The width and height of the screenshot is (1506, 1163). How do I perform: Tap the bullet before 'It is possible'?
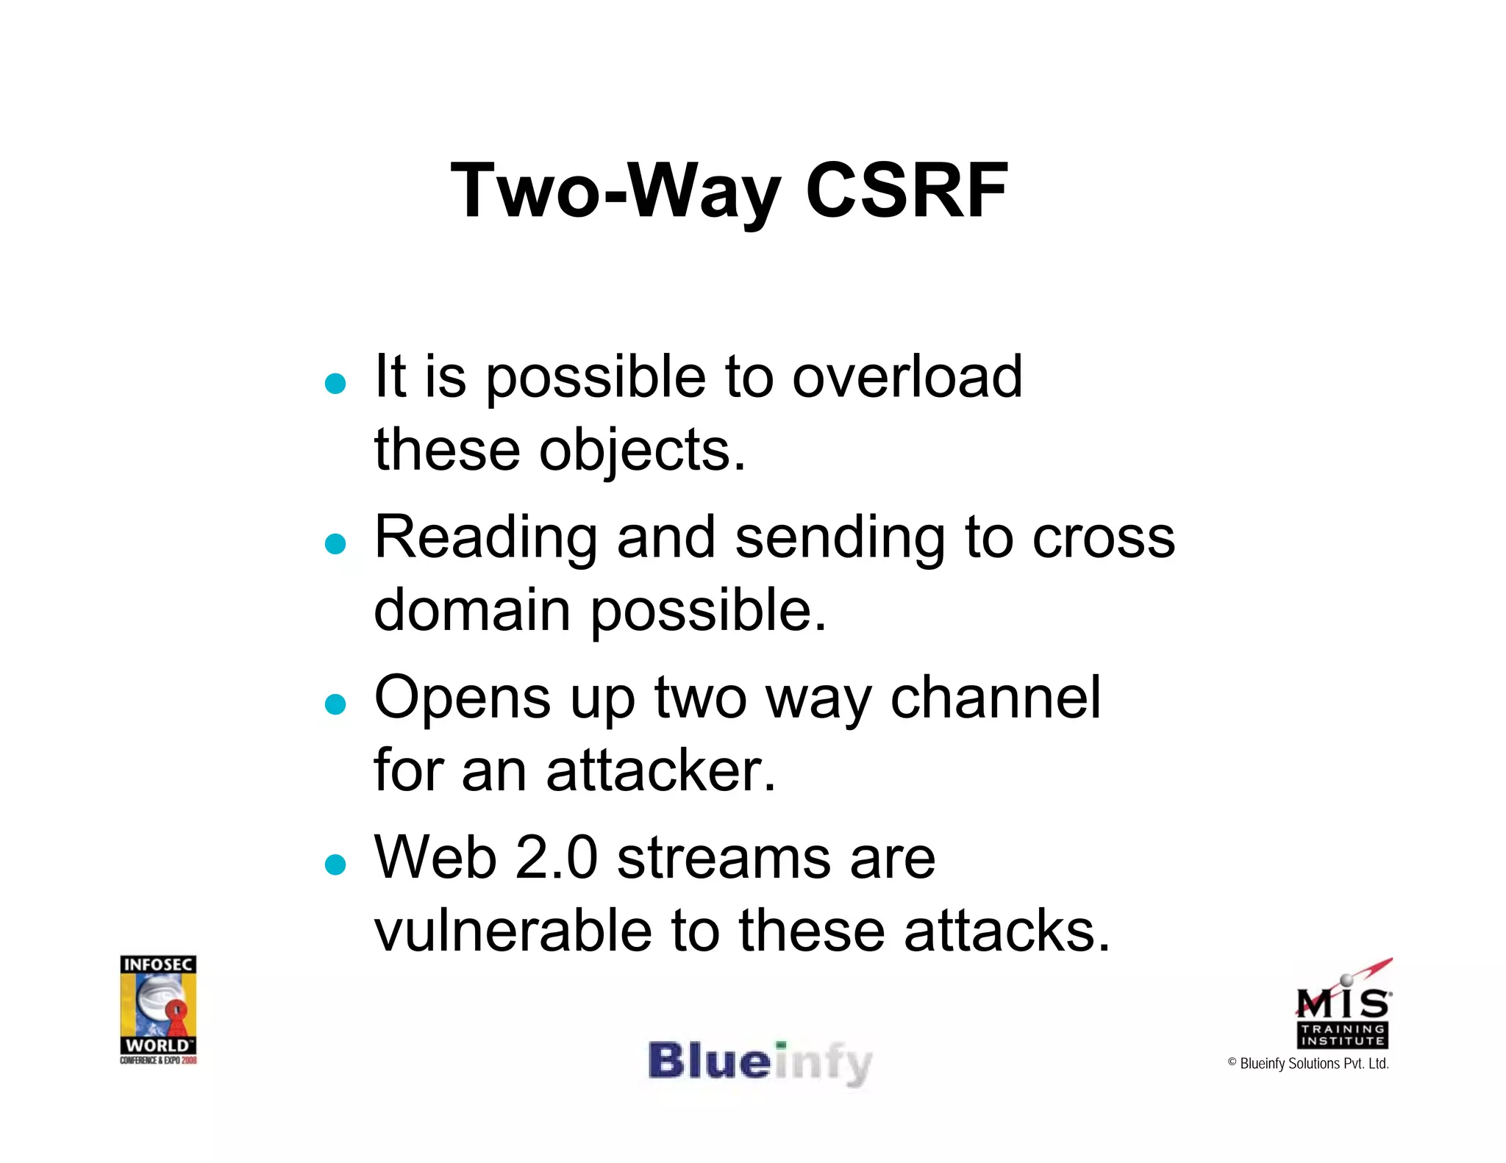tap(335, 383)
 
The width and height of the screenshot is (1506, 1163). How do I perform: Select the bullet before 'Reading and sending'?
tap(335, 543)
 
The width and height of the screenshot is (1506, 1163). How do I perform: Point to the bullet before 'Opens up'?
tap(335, 704)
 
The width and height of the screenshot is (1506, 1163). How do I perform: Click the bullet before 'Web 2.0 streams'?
tap(335, 864)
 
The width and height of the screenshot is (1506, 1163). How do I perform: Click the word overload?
tap(907, 376)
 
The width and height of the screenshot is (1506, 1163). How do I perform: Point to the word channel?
tap(996, 697)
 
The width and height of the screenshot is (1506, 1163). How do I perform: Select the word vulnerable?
tap(513, 931)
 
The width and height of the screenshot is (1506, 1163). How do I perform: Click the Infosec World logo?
tap(158, 1009)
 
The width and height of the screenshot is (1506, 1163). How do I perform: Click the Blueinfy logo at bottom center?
tap(760, 1062)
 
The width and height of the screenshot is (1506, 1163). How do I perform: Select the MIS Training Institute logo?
tap(1343, 1006)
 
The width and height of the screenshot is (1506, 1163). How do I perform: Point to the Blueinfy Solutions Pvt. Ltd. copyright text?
tap(1308, 1064)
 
